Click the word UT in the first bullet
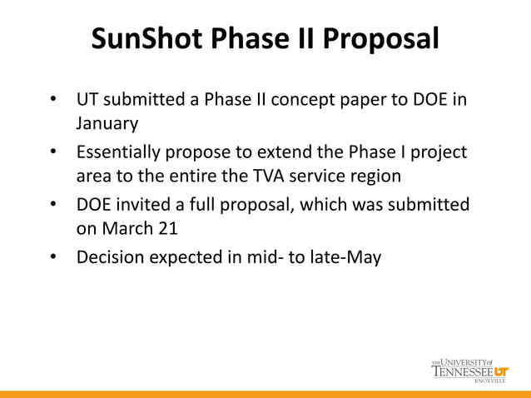click(x=87, y=102)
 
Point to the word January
click(x=107, y=124)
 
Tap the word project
click(x=438, y=154)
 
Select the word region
click(x=374, y=177)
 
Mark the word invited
click(x=145, y=205)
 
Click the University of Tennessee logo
click(x=470, y=371)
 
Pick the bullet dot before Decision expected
click(x=52, y=256)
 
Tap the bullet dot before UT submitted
click(x=52, y=102)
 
